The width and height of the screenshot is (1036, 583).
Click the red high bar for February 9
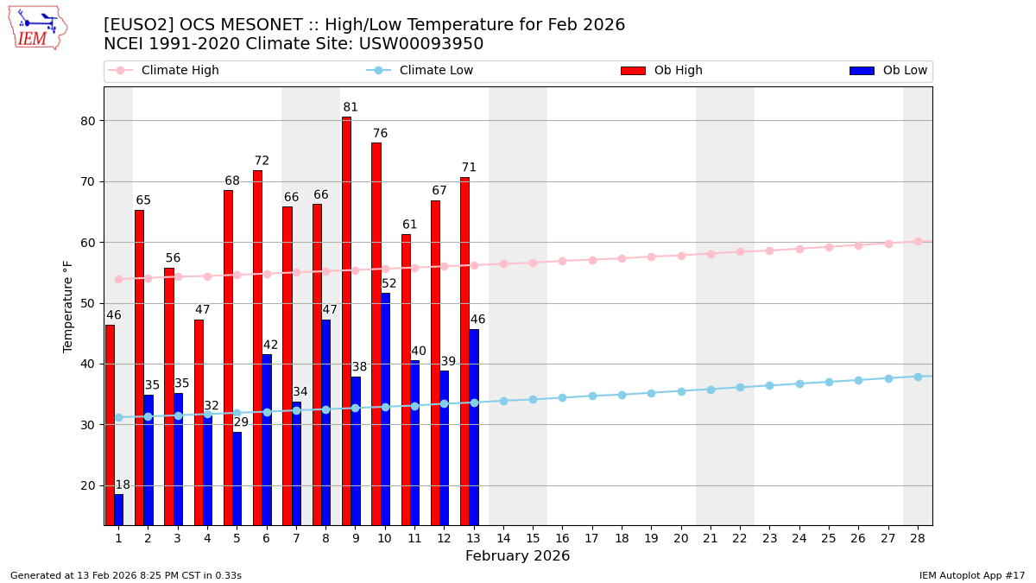coord(346,320)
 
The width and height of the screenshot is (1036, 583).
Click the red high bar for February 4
coord(199,422)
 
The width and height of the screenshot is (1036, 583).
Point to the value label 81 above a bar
coord(351,108)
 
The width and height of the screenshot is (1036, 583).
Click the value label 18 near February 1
coord(123,485)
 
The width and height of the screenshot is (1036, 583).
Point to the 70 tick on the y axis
coord(89,182)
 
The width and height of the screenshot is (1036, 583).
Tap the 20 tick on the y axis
coord(89,485)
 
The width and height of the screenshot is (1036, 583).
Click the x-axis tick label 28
coord(918,538)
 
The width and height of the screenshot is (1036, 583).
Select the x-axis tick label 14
coord(503,538)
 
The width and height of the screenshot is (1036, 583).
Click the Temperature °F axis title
coord(68,306)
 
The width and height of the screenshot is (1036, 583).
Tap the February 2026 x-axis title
coord(517,556)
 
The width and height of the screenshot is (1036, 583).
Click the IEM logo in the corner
coord(37,28)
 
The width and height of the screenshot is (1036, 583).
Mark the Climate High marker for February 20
coord(681,256)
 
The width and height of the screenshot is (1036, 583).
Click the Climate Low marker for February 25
coord(829,382)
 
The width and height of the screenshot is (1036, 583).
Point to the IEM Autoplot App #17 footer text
coord(972,575)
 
